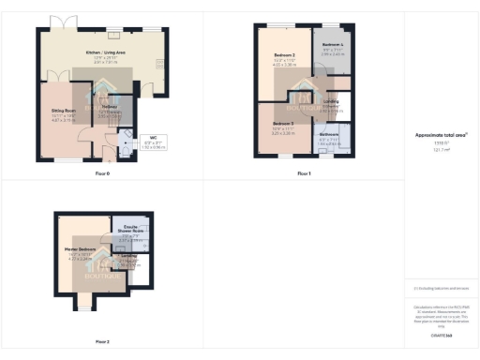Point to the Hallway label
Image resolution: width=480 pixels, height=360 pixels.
[109, 110]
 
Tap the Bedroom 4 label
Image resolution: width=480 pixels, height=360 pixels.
[333, 45]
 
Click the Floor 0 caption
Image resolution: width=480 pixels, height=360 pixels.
[102, 174]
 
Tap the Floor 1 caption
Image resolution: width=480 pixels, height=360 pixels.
[303, 174]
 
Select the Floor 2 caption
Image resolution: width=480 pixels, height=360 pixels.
[102, 341]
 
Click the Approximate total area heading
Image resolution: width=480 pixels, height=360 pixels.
[441, 135]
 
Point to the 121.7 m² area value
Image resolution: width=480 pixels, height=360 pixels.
[441, 150]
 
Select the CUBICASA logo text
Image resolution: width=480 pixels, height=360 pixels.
[441, 335]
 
